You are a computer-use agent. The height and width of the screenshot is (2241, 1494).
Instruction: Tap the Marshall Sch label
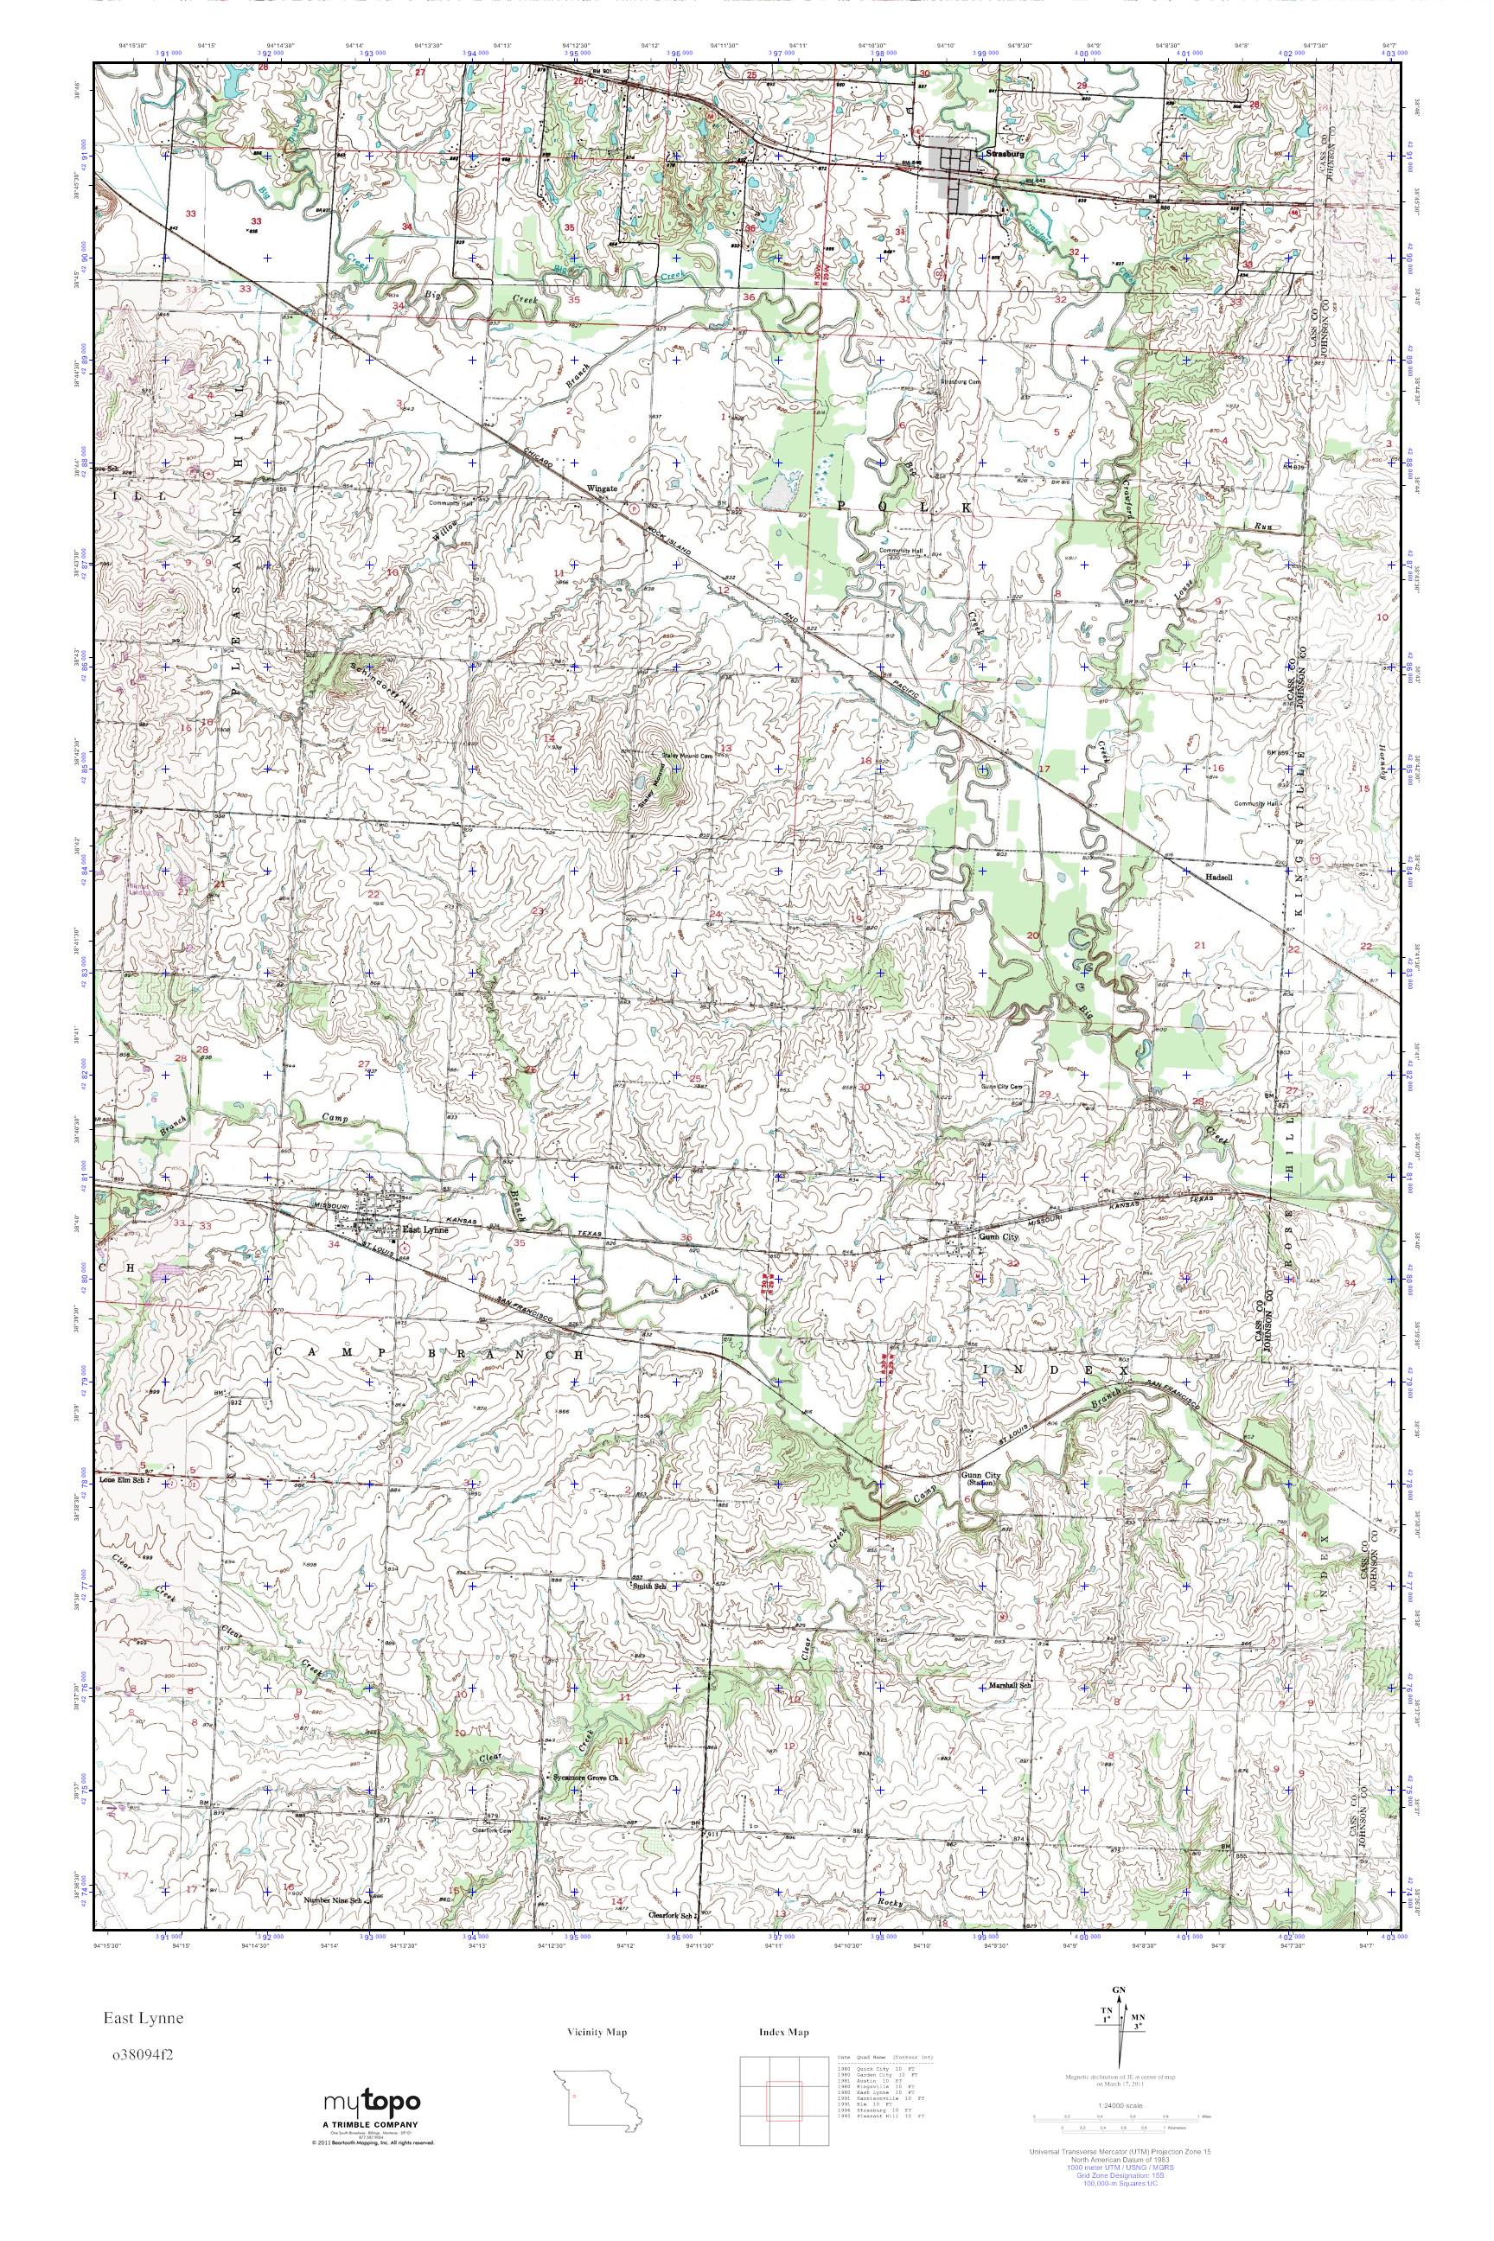click(x=1010, y=1683)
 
